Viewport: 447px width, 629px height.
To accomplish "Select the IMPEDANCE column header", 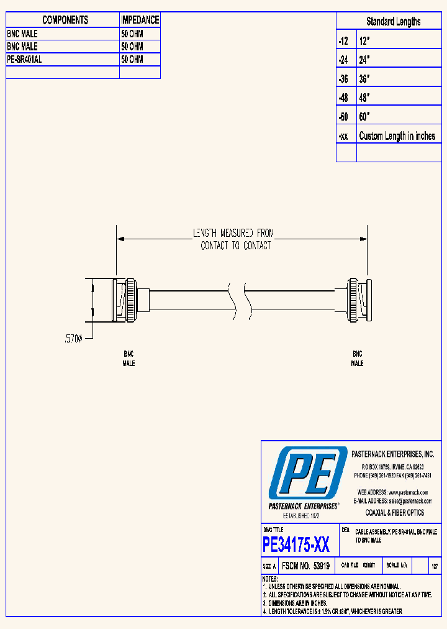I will coord(140,21).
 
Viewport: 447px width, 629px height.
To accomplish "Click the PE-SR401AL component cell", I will coord(62,60).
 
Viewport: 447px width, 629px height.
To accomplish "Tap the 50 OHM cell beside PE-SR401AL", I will coord(140,60).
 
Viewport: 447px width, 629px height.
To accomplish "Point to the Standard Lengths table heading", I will coord(393,22).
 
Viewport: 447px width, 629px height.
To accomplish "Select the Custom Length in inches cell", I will coord(397,136).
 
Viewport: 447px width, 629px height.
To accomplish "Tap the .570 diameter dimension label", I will coord(74,339).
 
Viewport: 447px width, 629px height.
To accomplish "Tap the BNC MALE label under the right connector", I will coord(357,359).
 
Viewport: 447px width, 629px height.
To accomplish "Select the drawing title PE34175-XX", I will coord(296,545).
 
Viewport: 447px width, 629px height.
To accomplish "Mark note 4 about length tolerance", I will coord(332,612).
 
